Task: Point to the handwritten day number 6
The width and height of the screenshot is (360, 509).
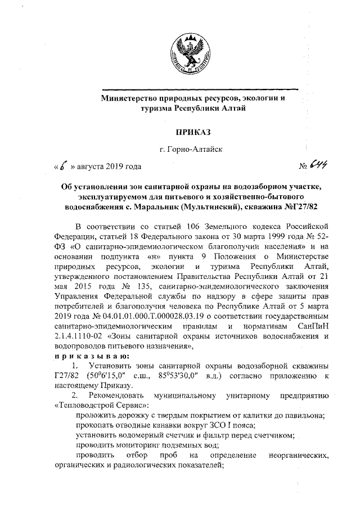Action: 64,166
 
